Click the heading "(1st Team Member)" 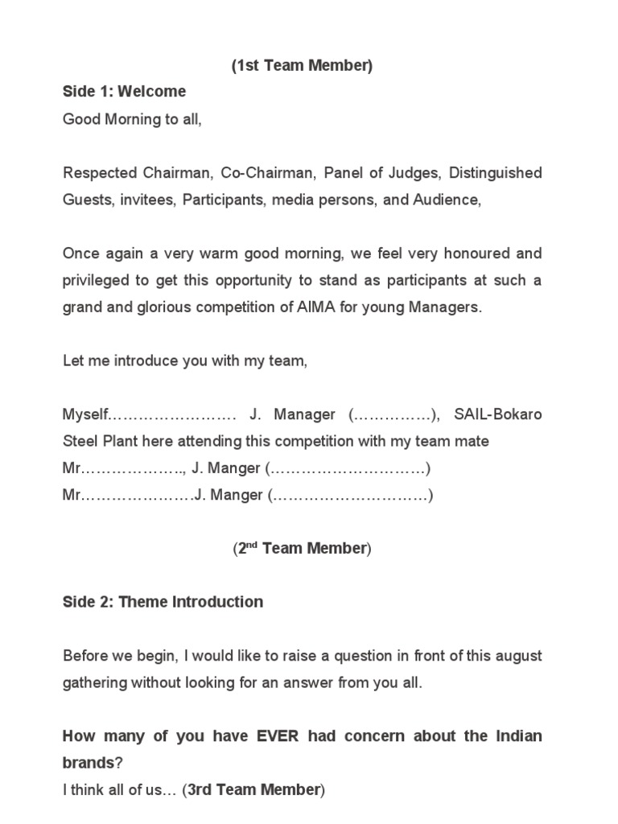pos(302,66)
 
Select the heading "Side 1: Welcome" pos(124,92)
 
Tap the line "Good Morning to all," pos(132,119)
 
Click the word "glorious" pos(166,307)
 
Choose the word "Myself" pos(84,415)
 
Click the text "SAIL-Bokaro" pos(498,415)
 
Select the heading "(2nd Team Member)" pos(302,549)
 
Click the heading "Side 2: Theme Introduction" pos(163,602)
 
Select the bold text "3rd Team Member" pos(253,790)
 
